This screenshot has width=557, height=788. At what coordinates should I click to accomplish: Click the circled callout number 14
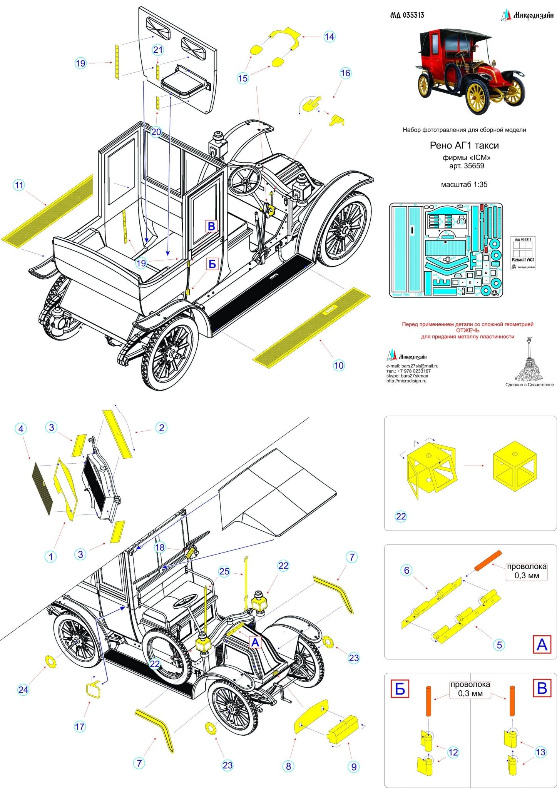coord(330,37)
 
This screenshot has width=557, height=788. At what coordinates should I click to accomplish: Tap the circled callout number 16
coord(345,73)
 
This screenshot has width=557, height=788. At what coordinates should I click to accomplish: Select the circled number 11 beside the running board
coord(19,185)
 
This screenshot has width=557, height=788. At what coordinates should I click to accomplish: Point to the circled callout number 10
coord(339,365)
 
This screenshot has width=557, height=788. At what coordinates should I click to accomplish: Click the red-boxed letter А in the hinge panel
coord(542,644)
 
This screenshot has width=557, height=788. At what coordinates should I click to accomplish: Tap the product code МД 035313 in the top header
coord(407,15)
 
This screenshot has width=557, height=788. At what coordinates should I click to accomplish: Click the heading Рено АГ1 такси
coord(464,145)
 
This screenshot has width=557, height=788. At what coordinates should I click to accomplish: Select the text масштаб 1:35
coord(464,184)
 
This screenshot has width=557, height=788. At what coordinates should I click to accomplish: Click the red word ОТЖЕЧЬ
coord(468,330)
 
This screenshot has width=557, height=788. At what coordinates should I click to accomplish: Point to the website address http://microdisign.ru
coord(406,381)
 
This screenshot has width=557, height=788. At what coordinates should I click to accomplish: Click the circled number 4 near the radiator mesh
coord(21,429)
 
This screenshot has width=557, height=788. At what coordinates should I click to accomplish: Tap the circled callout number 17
coord(79,726)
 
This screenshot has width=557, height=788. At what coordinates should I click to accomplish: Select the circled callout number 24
coord(23,689)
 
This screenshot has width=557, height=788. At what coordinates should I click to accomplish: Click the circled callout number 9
coord(354,766)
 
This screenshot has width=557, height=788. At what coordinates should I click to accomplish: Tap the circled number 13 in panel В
coord(540,752)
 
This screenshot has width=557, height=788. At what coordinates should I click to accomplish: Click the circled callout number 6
coord(406,570)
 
